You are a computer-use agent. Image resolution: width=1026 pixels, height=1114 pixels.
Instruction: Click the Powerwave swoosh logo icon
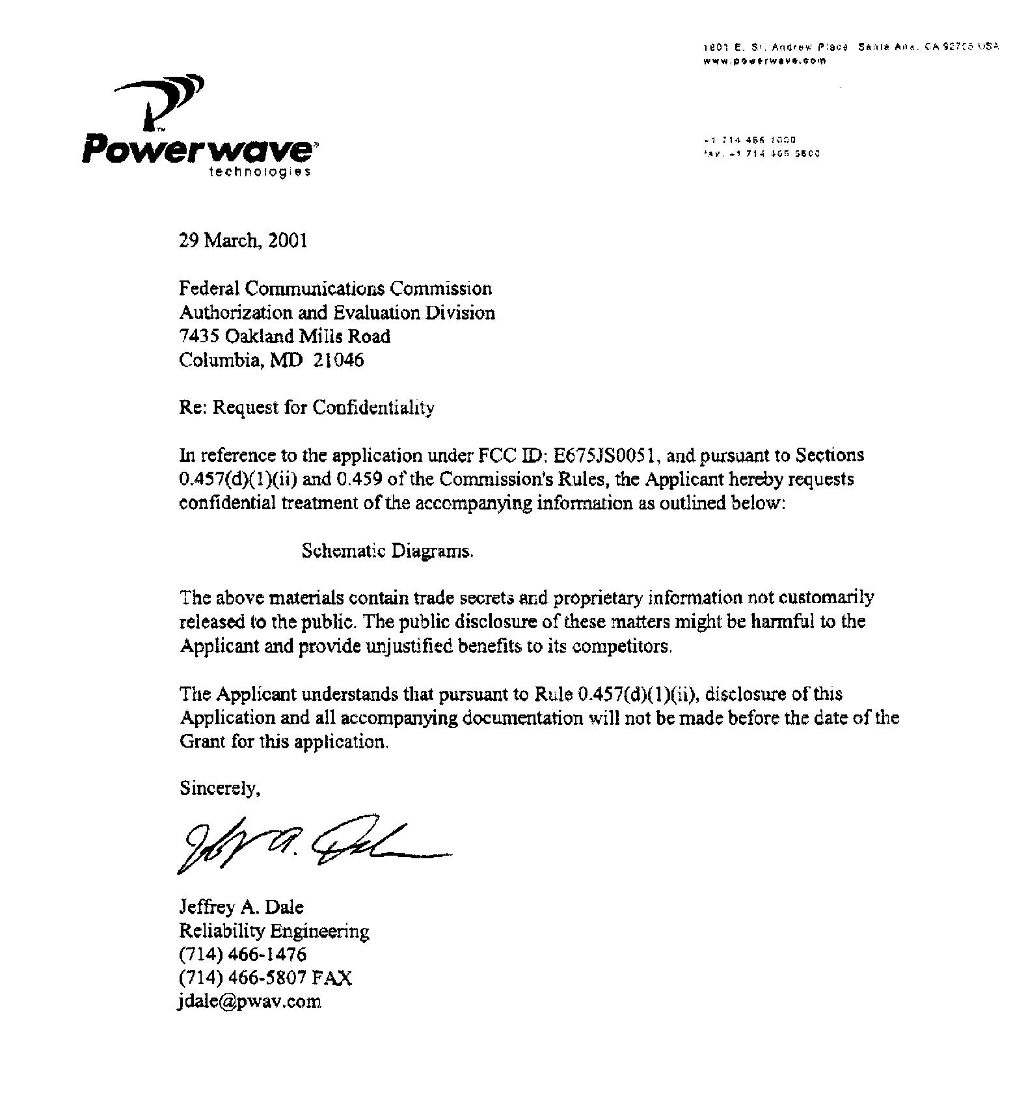click(x=166, y=102)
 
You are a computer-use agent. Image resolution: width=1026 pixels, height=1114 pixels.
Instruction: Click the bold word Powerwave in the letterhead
click(x=198, y=149)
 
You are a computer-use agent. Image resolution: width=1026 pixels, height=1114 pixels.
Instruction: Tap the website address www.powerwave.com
click(x=765, y=61)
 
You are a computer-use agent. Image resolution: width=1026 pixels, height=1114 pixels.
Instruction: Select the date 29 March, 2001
click(x=243, y=241)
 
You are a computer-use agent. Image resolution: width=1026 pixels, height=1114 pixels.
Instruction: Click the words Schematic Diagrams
click(x=387, y=551)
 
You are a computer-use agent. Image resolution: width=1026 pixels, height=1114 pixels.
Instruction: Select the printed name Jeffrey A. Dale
click(x=241, y=907)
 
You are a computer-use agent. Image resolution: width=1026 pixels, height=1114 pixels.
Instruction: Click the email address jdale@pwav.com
click(x=250, y=1001)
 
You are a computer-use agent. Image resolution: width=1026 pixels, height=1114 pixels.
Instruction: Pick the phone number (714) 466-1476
click(x=243, y=954)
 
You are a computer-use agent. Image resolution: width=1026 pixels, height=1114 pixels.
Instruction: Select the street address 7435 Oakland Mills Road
click(x=285, y=336)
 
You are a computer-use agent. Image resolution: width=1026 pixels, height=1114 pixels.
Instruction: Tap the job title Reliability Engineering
click(x=274, y=931)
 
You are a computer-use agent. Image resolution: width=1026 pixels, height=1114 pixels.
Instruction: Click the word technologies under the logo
click(x=259, y=172)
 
